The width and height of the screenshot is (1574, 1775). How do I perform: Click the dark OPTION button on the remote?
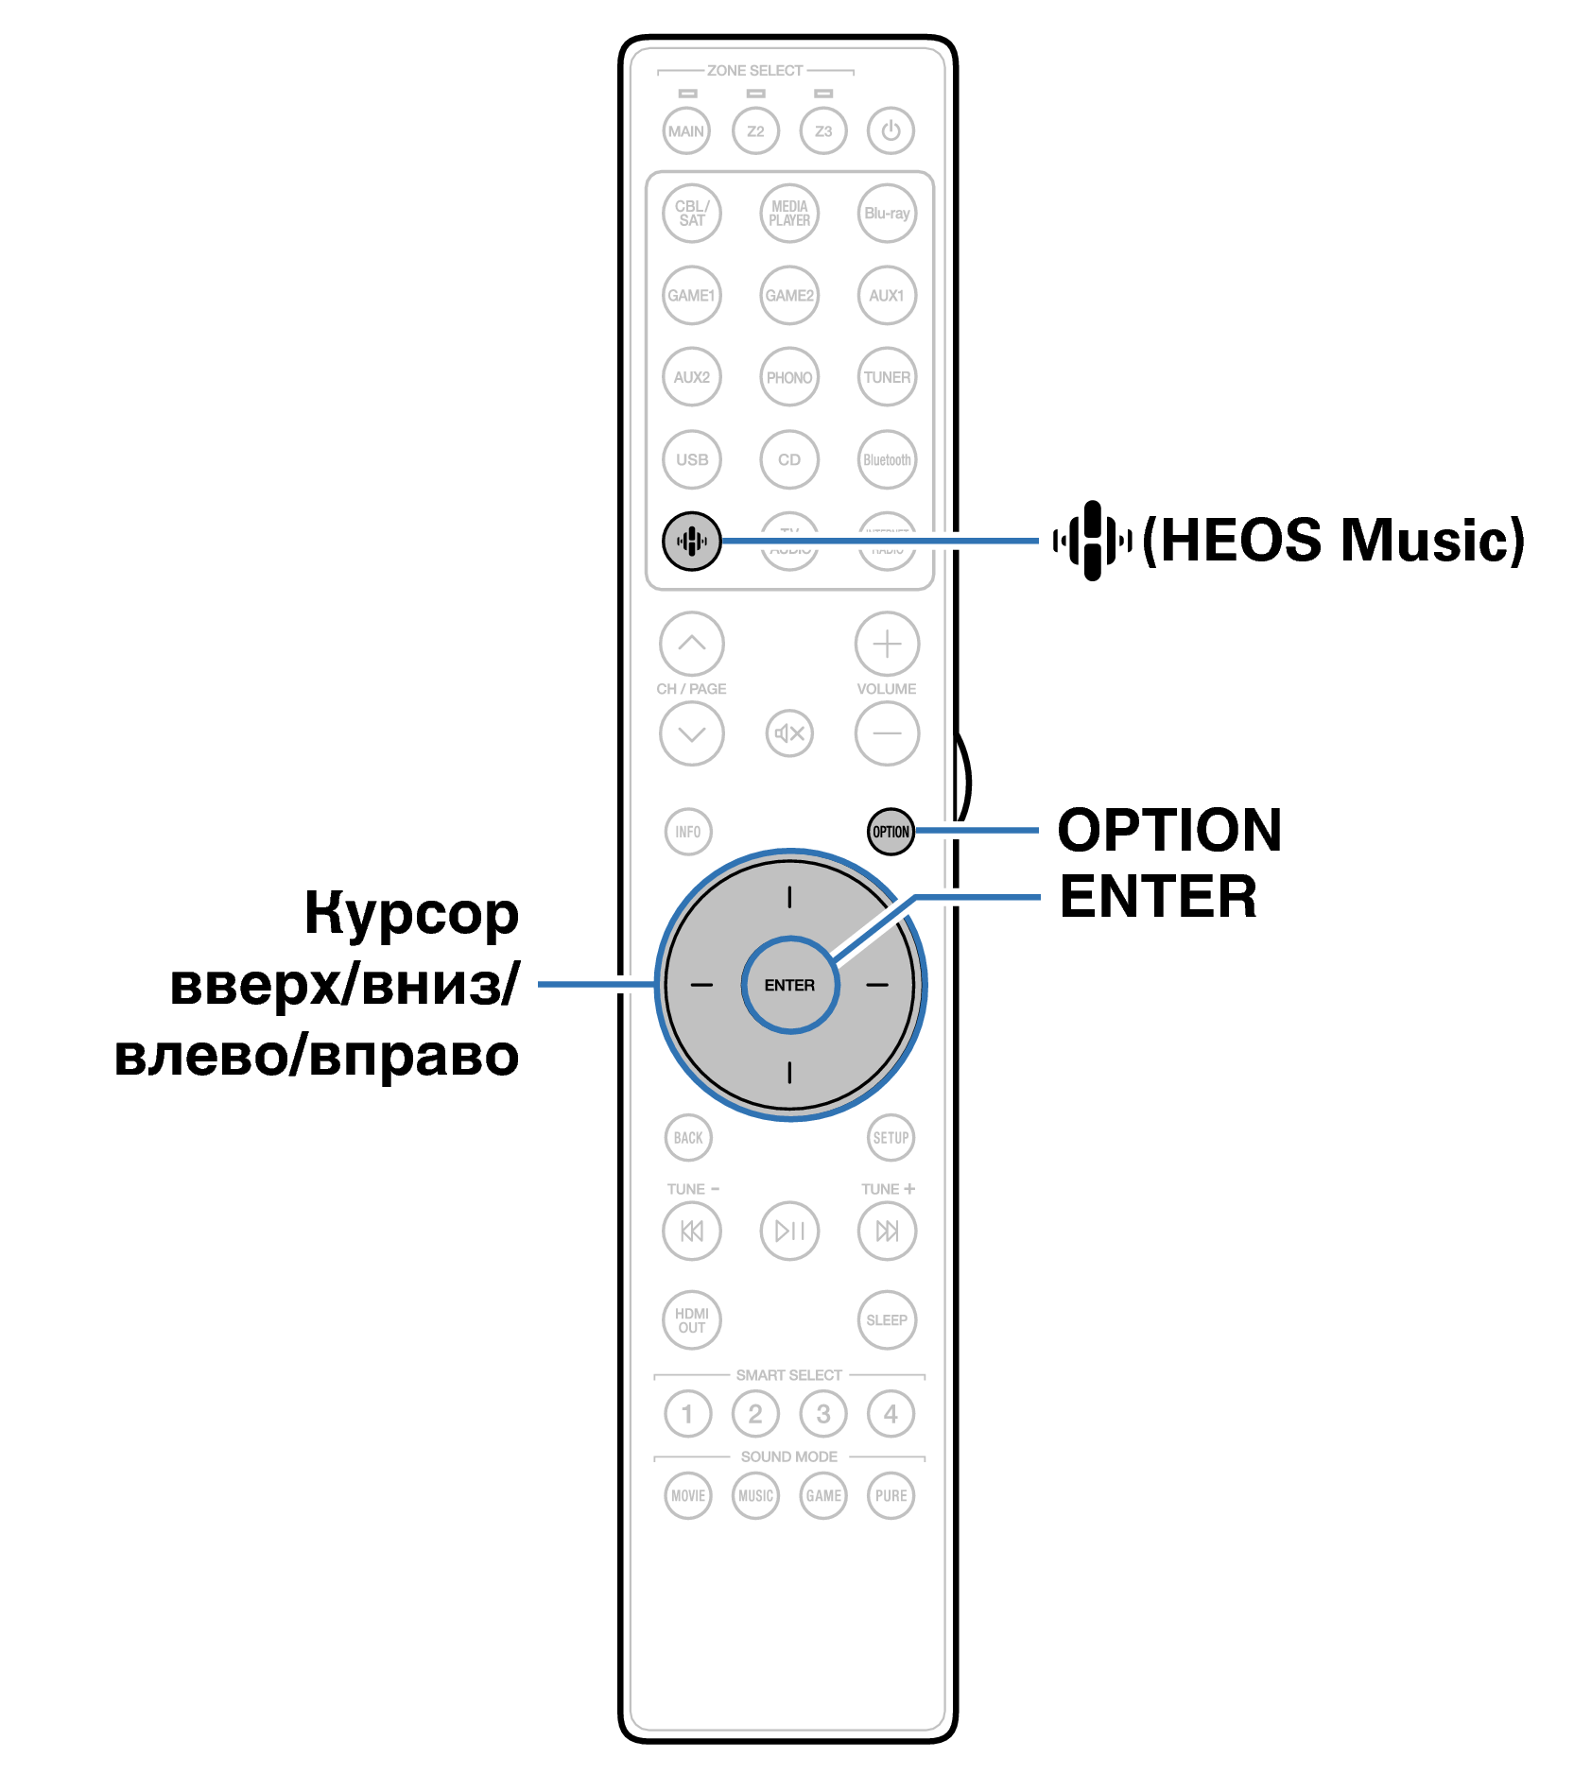(890, 832)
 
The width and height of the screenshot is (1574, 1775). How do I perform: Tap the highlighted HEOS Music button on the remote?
(691, 541)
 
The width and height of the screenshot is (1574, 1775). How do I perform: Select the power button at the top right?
(891, 130)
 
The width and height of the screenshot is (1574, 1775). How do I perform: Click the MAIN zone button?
(686, 130)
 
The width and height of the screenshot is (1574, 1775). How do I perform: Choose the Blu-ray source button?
(887, 214)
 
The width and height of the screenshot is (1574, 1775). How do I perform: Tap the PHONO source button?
(789, 377)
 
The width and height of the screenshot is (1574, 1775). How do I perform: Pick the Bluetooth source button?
(887, 459)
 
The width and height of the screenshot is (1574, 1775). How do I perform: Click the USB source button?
(692, 459)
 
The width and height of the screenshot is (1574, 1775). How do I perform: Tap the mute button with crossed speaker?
(789, 732)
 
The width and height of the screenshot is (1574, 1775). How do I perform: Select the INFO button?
(687, 832)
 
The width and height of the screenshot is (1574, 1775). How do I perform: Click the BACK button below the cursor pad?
(687, 1137)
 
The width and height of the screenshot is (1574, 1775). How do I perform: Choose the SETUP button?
(891, 1137)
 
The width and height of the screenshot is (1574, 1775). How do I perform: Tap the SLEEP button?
(887, 1319)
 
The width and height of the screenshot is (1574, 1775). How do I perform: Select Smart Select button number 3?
(823, 1414)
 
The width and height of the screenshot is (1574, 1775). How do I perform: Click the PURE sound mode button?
(891, 1495)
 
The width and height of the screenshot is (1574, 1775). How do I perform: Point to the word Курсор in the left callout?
(411, 914)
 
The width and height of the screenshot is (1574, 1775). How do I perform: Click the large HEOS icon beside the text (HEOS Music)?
(1093, 541)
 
